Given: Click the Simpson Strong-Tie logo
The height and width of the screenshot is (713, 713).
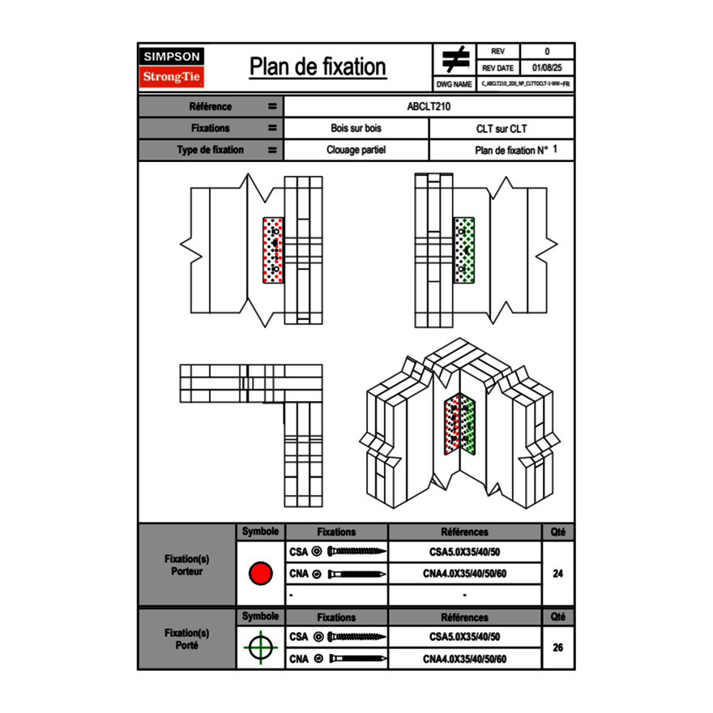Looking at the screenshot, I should (x=172, y=67).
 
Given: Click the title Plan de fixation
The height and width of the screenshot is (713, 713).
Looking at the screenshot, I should (x=318, y=66).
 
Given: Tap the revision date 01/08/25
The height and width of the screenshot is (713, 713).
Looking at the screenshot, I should (x=547, y=68).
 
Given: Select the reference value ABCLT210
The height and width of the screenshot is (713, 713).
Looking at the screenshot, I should (x=429, y=106).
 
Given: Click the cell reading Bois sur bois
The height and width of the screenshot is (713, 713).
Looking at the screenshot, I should (x=356, y=128).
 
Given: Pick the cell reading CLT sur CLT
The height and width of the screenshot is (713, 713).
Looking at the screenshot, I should (x=502, y=128).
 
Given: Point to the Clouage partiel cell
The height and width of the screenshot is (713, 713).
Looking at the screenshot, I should (x=356, y=150).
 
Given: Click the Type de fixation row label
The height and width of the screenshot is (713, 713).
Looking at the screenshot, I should (x=210, y=150).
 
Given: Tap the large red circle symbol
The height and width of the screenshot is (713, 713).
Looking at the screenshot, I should (x=260, y=574).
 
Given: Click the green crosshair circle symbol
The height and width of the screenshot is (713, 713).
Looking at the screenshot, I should (x=260, y=647).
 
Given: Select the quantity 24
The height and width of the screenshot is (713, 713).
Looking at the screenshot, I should (x=557, y=574).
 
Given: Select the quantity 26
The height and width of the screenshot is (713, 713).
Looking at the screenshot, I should (x=557, y=647).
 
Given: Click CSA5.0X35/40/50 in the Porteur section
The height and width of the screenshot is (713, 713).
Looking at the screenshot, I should (x=464, y=553).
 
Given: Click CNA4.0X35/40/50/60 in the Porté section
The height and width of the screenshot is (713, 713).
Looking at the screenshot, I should (x=464, y=659).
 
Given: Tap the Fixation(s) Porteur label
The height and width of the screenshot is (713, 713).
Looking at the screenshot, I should (x=187, y=565).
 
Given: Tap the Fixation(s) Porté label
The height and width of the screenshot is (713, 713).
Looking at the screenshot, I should (x=187, y=638).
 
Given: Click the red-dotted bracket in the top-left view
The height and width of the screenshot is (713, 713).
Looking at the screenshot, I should (x=274, y=250).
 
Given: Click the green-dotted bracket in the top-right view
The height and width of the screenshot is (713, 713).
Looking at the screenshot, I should (x=464, y=250).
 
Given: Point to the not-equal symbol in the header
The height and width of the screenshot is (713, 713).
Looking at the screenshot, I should (x=455, y=59).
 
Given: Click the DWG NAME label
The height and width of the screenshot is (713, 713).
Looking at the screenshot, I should (x=454, y=84).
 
